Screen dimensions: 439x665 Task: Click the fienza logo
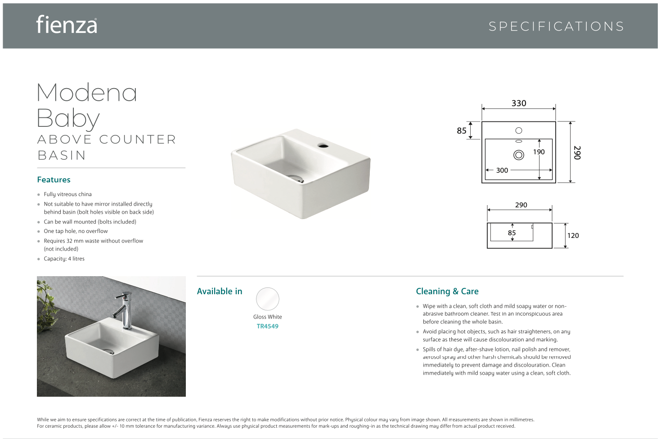[x=67, y=25]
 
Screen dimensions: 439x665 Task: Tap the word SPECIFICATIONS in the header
[x=556, y=27]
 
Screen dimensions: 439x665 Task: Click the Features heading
[x=54, y=180]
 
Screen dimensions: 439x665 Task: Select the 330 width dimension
[x=519, y=103]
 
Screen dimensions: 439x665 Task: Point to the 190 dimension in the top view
[x=539, y=152]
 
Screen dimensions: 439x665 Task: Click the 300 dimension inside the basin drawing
[x=502, y=170]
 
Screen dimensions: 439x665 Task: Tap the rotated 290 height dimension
[x=577, y=152]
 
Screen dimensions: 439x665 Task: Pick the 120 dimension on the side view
[x=573, y=236]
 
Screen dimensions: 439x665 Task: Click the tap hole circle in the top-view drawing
[x=519, y=130]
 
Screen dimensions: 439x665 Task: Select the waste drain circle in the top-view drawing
[x=519, y=155]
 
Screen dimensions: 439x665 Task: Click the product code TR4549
[x=268, y=327]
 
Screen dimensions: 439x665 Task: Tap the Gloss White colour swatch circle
[x=268, y=299]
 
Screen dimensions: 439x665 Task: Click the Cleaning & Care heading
[x=447, y=291]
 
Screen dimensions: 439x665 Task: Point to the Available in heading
[x=220, y=291]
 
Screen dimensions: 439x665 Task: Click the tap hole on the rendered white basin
[x=323, y=145]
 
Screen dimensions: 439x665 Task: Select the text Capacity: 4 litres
[x=64, y=259]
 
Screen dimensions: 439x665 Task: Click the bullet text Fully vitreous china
[x=67, y=194]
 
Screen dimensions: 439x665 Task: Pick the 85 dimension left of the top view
[x=462, y=131]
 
